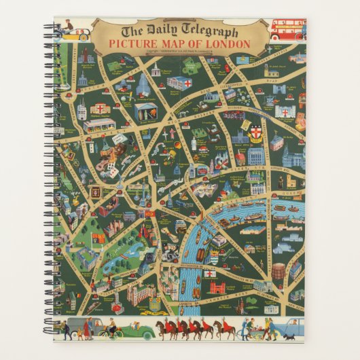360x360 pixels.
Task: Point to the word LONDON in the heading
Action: (228, 44)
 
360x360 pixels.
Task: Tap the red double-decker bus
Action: (287, 30)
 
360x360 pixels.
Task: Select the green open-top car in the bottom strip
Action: (139, 332)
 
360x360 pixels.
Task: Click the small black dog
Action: (289, 336)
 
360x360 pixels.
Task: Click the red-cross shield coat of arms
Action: (257, 134)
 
